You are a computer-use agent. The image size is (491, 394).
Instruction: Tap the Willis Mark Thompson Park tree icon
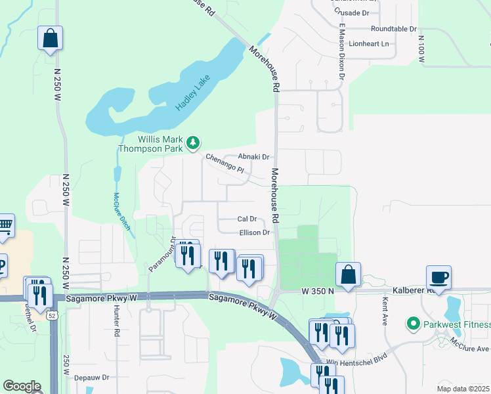click(193, 142)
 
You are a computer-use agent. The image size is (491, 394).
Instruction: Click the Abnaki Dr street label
click(254, 156)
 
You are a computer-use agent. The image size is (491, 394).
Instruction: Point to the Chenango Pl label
click(224, 164)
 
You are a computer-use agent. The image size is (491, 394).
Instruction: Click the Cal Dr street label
click(247, 219)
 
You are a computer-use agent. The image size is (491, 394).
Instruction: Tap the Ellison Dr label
click(255, 232)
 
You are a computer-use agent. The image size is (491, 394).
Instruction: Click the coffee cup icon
click(438, 276)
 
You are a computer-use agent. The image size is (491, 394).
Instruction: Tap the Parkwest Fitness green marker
click(413, 324)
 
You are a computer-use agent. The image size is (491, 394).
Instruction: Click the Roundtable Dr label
click(394, 29)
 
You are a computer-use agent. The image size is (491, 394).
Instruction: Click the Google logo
click(22, 385)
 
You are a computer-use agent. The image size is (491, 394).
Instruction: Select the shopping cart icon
click(4, 227)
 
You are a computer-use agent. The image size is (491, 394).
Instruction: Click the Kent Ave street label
click(385, 312)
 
